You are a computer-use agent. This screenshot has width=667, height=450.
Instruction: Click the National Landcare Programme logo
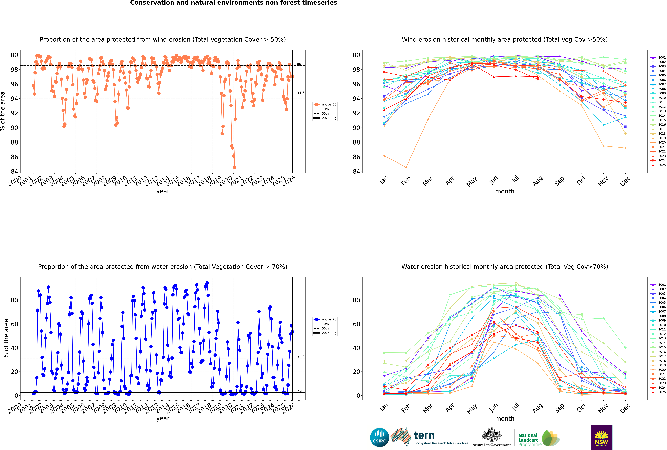pyautogui.click(x=539, y=438)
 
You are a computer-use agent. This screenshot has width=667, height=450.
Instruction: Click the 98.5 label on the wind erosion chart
pyautogui.click(x=301, y=65)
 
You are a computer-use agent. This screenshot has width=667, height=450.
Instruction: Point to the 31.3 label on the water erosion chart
pyautogui.click(x=301, y=357)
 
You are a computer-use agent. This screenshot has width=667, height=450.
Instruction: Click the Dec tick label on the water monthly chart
pyautogui.click(x=625, y=408)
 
